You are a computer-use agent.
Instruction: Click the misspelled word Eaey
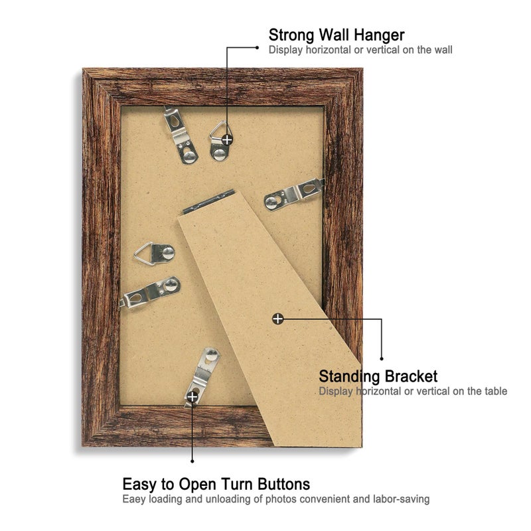134,500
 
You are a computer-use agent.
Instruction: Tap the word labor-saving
402,499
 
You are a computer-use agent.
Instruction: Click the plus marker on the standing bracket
277,319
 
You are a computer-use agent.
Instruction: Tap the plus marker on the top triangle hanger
227,139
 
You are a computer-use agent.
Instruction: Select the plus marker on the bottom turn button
192,396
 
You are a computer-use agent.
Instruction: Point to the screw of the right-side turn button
271,202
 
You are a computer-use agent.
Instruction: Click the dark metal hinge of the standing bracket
208,202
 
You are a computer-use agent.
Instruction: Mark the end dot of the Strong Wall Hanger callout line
258,48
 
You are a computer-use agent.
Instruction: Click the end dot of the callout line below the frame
192,461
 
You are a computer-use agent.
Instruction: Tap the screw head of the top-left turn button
190,156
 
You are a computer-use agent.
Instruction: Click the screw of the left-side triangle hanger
168,253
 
